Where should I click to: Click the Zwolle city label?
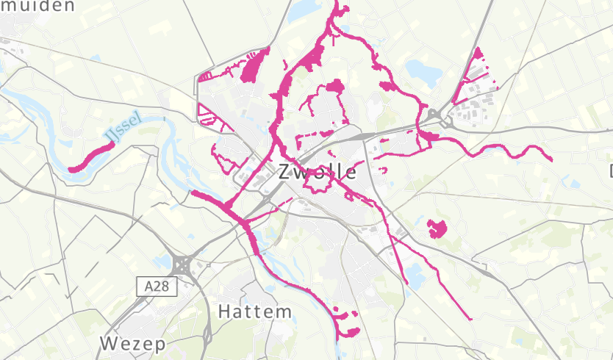pos(318,172)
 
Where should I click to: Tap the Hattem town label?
pos(255,312)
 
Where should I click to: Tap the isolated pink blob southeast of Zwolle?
pos(437,228)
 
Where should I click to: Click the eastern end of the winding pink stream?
pos(551,158)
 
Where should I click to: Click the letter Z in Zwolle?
pos(286,172)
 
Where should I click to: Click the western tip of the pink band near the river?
pos(193,193)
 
